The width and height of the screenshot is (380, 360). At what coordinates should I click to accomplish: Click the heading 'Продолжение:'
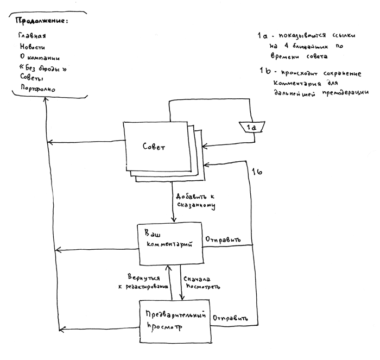(x=43, y=21)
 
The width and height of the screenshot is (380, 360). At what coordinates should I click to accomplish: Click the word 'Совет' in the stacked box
(x=154, y=148)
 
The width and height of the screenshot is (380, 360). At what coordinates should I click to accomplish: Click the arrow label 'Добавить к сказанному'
(x=195, y=200)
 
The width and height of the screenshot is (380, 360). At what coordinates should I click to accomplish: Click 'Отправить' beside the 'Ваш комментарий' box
(x=223, y=239)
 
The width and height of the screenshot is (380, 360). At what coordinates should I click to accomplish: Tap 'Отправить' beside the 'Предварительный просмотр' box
(x=231, y=318)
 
